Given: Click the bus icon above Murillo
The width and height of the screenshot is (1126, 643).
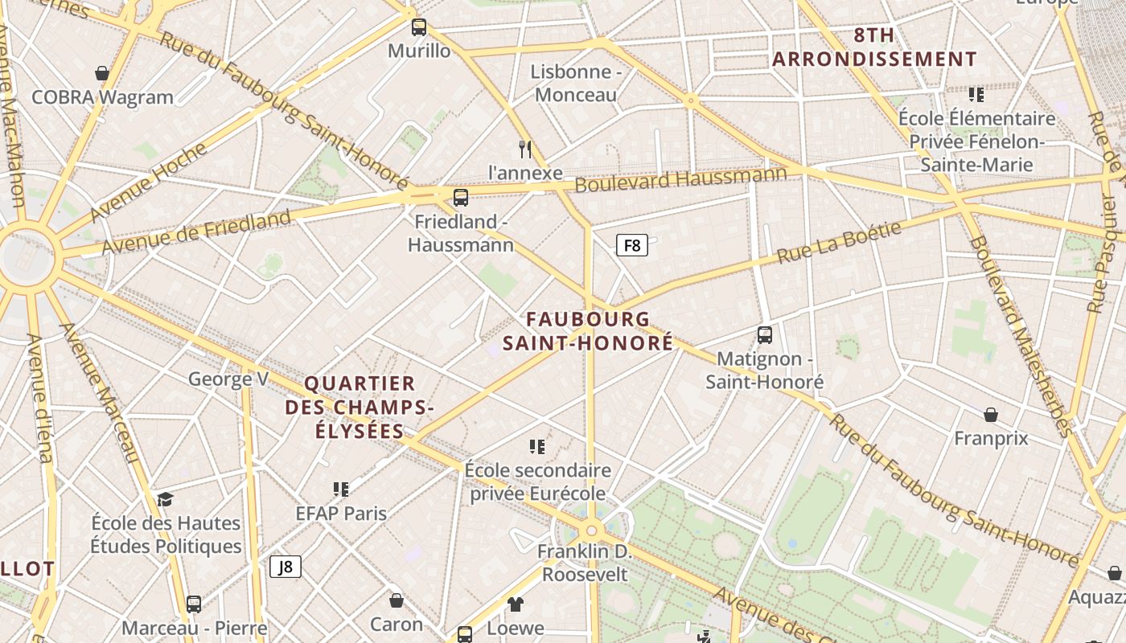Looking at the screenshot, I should tap(419, 27).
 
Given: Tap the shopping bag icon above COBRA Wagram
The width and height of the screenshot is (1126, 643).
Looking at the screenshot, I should tap(102, 74).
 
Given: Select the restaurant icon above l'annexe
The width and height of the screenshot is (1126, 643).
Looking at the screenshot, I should tap(525, 149).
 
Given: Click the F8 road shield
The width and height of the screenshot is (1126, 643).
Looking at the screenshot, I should tap(632, 245).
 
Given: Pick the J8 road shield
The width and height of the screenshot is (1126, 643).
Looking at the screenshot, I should tap(286, 567).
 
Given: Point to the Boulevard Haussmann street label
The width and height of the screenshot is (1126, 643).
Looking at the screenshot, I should tap(680, 178).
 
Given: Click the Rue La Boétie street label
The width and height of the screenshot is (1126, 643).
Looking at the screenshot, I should tap(839, 242).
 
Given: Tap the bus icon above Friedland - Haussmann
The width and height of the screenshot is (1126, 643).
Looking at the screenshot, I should tap(461, 198).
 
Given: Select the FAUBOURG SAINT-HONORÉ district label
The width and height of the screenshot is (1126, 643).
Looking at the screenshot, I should tap(588, 331).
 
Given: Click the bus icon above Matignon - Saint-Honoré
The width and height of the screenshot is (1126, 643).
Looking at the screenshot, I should tap(765, 335).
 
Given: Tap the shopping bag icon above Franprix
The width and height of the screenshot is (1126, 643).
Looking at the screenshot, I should tap(991, 415).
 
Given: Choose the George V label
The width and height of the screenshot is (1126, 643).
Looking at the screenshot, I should tap(228, 379).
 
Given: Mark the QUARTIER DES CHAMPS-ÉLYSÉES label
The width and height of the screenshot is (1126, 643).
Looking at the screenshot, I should tap(360, 407).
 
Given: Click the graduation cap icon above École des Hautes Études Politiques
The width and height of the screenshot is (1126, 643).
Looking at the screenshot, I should tap(165, 500).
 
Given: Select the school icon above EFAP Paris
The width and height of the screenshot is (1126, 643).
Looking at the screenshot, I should tap(341, 489).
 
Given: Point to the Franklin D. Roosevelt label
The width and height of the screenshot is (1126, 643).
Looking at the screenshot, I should tap(585, 563).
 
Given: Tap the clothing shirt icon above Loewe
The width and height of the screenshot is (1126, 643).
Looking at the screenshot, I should tap(516, 604).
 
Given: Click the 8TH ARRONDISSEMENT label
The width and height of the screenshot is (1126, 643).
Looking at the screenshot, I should tap(874, 47).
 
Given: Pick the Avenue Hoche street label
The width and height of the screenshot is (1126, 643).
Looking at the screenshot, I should tap(149, 182).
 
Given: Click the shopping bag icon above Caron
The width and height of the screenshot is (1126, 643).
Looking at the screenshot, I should tap(397, 600).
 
